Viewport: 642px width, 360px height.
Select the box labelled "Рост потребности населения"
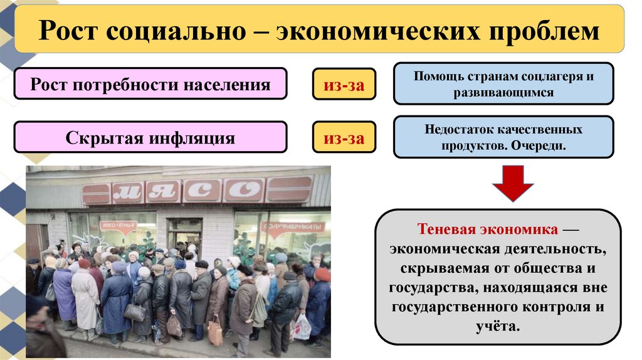click(x=150, y=83)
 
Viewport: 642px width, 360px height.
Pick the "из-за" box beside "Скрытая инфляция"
click(x=344, y=137)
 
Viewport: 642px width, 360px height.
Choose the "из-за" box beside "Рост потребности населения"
click(x=344, y=83)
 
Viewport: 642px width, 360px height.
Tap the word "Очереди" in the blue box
click(x=538, y=145)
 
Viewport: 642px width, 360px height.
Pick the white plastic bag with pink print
click(x=302, y=326)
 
